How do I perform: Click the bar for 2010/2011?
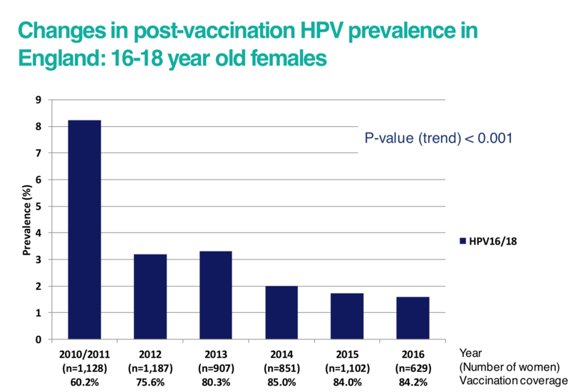pos(84,229)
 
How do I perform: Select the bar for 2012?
pos(150,296)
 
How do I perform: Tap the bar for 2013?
pos(215,295)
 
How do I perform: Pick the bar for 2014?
pos(281,312)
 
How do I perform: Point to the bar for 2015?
pos(347,316)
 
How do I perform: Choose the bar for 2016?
pos(413,318)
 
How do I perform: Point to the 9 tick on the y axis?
pos(40,100)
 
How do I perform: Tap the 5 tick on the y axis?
pos(40,206)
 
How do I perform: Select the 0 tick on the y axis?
pos(40,339)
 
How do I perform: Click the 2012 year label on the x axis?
pos(150,353)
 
